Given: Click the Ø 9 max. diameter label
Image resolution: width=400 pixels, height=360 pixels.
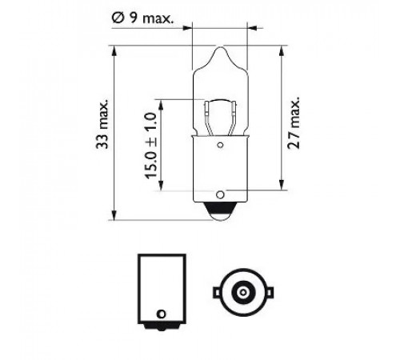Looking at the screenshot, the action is (142, 18).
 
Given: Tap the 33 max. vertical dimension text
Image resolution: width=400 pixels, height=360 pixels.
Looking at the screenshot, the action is (102, 124).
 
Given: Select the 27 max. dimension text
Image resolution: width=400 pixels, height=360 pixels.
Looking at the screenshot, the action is (294, 122).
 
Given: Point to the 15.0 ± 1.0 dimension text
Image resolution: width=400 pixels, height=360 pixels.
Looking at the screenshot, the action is (150, 146).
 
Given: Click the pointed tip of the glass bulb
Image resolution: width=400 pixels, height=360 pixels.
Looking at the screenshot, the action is (221, 47).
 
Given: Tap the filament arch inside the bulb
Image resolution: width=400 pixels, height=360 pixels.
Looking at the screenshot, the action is (220, 101).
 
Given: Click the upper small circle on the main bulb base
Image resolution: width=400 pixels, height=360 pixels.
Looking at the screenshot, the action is (220, 145).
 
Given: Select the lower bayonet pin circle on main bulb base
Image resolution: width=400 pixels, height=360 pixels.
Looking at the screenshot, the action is (220, 194).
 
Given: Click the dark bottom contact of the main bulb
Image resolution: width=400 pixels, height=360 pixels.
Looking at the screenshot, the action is (220, 210).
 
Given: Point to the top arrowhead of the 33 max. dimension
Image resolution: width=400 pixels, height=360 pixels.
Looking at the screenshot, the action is (114, 51).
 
